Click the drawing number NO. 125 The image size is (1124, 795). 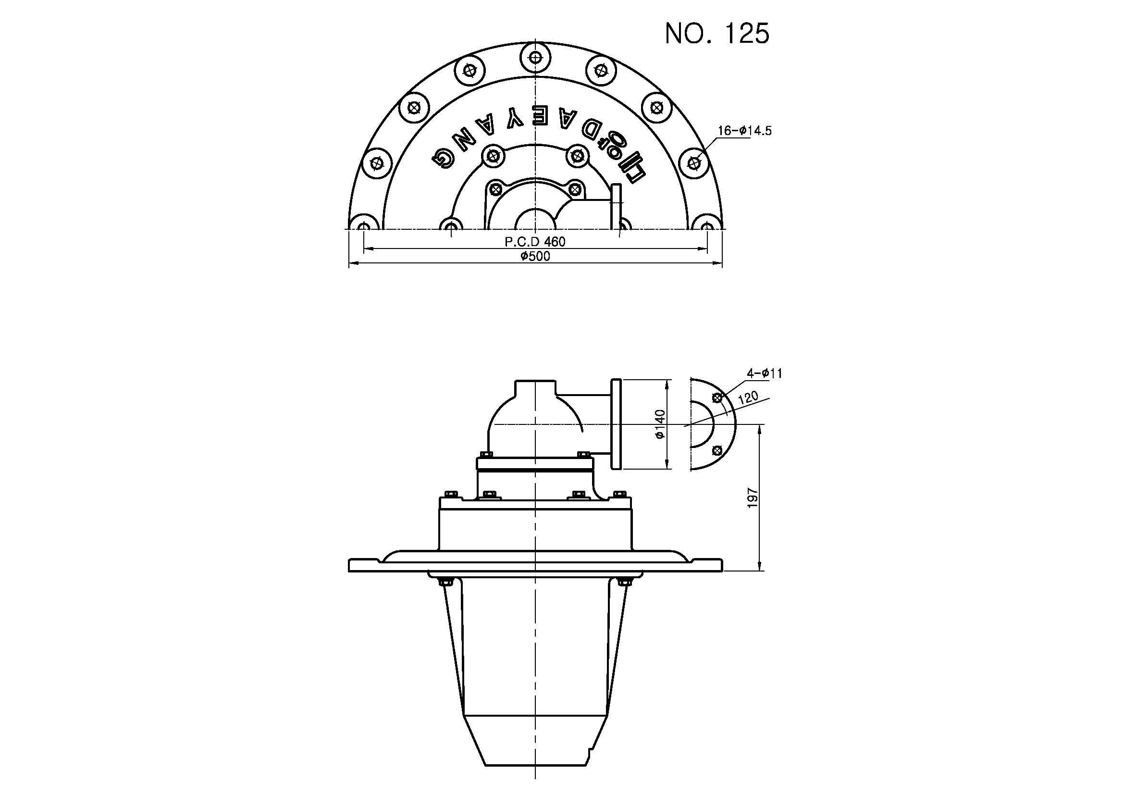tap(717, 33)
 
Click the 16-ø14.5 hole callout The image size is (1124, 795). tap(744, 131)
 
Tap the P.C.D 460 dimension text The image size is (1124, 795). tap(535, 242)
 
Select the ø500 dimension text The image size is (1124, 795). tap(535, 257)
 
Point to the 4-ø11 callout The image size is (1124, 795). tap(764, 373)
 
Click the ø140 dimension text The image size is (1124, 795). tap(660, 424)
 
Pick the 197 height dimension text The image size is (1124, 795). tap(753, 497)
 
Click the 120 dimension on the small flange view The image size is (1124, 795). tap(748, 397)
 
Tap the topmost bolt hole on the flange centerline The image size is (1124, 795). tap(535, 58)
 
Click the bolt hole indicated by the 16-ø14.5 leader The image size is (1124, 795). tap(695, 162)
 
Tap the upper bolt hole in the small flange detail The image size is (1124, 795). tap(717, 398)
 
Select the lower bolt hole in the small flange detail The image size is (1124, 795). tap(717, 449)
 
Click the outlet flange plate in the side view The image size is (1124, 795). tap(617, 424)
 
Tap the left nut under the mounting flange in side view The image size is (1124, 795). tap(445, 582)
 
